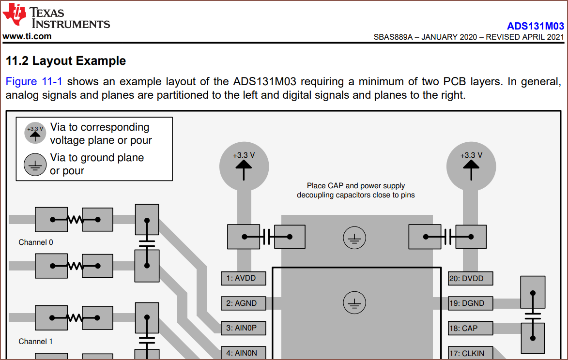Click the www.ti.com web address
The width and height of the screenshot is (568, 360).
click(x=27, y=36)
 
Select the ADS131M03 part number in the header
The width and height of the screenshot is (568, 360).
click(x=535, y=26)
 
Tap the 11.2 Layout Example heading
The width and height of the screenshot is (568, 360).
click(x=66, y=61)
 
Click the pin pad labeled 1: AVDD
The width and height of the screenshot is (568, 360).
click(x=244, y=278)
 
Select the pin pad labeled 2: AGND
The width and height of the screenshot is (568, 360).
click(x=244, y=303)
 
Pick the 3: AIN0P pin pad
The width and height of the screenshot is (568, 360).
click(x=244, y=328)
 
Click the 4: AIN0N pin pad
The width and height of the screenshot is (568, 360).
click(x=244, y=353)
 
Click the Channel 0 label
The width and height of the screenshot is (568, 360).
click(x=36, y=242)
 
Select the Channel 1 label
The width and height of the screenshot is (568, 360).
click(x=36, y=342)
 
